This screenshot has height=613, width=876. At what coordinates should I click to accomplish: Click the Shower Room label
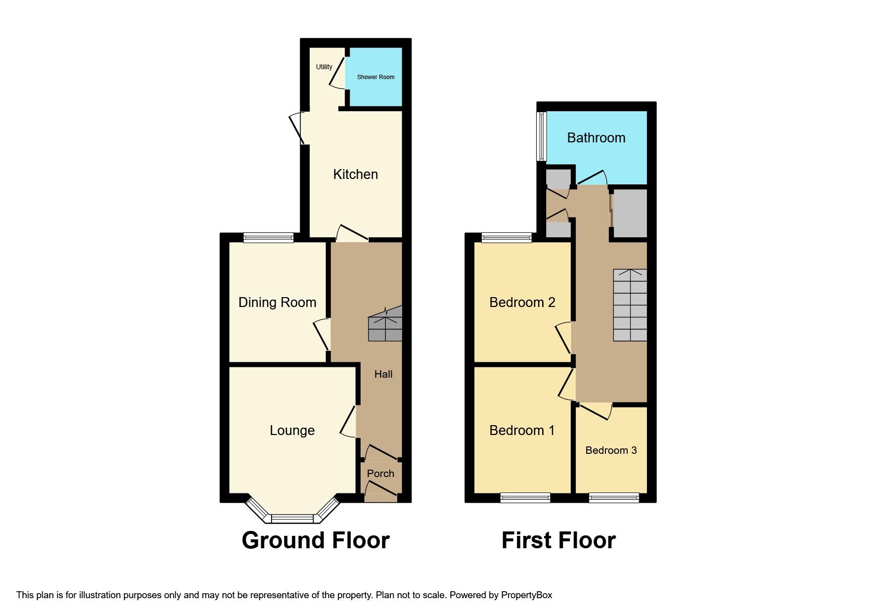375,77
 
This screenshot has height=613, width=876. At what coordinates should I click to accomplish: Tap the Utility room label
324,67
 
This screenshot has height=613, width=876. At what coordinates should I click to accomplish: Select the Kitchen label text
355,174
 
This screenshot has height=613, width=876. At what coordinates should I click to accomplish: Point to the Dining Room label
277,302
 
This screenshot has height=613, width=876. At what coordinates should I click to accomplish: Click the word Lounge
292,430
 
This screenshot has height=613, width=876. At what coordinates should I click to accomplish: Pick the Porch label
380,474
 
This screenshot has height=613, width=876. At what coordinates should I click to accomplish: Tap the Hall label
383,374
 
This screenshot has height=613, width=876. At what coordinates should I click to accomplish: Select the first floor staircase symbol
630,305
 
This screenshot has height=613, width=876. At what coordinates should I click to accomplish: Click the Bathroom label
596,137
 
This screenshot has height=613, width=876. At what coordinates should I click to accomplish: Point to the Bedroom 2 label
522,302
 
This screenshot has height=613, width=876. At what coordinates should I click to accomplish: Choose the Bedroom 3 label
611,450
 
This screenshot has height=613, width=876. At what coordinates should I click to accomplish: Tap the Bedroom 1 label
522,430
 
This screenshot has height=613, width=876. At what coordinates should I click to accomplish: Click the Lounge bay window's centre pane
292,519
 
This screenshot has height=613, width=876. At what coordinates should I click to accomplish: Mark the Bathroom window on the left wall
542,136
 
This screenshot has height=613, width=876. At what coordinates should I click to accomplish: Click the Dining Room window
269,238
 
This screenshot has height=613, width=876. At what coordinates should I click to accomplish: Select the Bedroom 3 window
614,498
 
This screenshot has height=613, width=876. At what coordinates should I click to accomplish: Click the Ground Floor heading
316,540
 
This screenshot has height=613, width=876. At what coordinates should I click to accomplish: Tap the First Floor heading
558,540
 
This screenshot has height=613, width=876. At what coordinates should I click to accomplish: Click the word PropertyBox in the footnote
526,595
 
